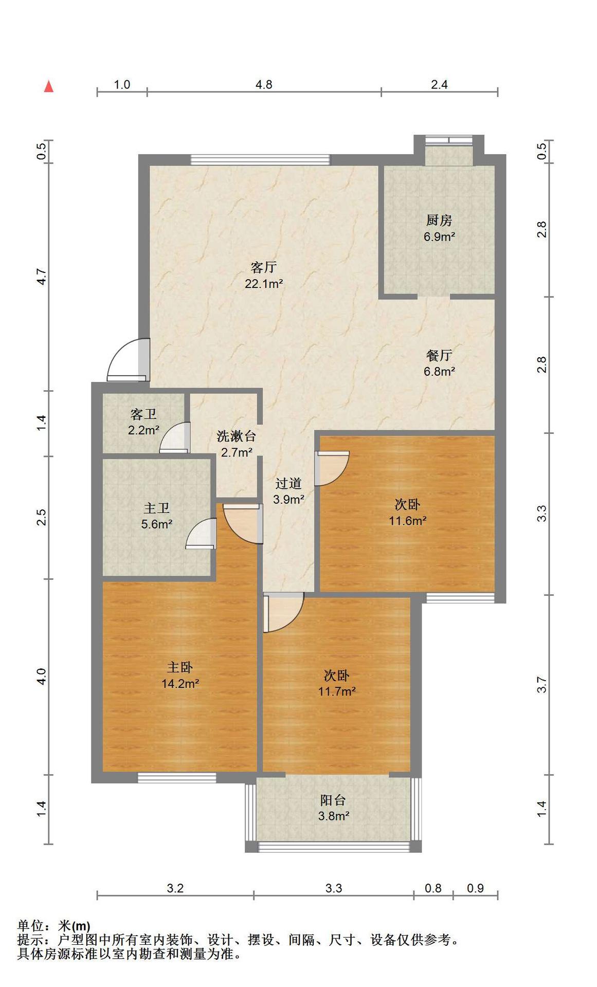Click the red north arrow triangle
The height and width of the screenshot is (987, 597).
click(x=49, y=86)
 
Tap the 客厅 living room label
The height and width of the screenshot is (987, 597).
click(x=264, y=267)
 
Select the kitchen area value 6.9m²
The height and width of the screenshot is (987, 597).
click(x=439, y=237)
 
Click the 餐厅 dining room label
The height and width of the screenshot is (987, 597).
click(x=439, y=355)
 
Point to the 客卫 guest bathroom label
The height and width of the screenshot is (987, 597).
click(x=143, y=414)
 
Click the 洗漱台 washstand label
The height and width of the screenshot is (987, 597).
click(x=237, y=436)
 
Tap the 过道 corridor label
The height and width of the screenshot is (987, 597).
click(x=288, y=483)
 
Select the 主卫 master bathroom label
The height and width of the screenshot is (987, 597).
click(x=157, y=508)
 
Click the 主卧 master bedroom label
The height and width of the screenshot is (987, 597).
click(x=180, y=667)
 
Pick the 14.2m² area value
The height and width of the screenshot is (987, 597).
click(x=180, y=684)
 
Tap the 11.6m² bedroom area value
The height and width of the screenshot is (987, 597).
click(x=407, y=521)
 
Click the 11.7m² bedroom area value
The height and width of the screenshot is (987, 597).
click(x=337, y=691)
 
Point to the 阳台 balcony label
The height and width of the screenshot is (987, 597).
click(x=333, y=800)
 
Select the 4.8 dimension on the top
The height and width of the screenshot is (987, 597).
click(x=264, y=84)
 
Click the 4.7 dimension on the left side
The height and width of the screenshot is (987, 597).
click(x=42, y=278)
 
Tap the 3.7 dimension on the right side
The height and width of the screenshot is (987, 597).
click(x=541, y=685)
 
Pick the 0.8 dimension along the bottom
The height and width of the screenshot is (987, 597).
click(x=433, y=888)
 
